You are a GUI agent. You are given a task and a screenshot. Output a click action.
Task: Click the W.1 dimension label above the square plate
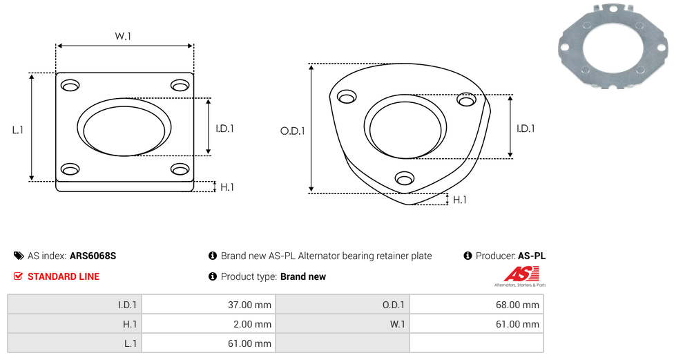(123, 36)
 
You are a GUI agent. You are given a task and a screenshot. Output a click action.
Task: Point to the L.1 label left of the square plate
(18, 130)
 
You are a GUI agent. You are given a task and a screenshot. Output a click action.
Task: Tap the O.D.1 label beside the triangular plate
(292, 131)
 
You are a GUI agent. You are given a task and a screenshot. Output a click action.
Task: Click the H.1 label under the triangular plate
(459, 200)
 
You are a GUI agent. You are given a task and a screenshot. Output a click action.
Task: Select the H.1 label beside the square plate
(227, 187)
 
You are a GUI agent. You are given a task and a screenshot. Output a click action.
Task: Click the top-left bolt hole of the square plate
(70, 85)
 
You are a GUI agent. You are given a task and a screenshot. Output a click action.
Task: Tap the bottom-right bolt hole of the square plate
(180, 169)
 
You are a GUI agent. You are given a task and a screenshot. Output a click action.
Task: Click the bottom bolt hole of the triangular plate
(405, 178)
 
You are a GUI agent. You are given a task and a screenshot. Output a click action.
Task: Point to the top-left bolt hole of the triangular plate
(347, 97)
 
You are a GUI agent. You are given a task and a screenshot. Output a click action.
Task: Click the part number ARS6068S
(93, 256)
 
